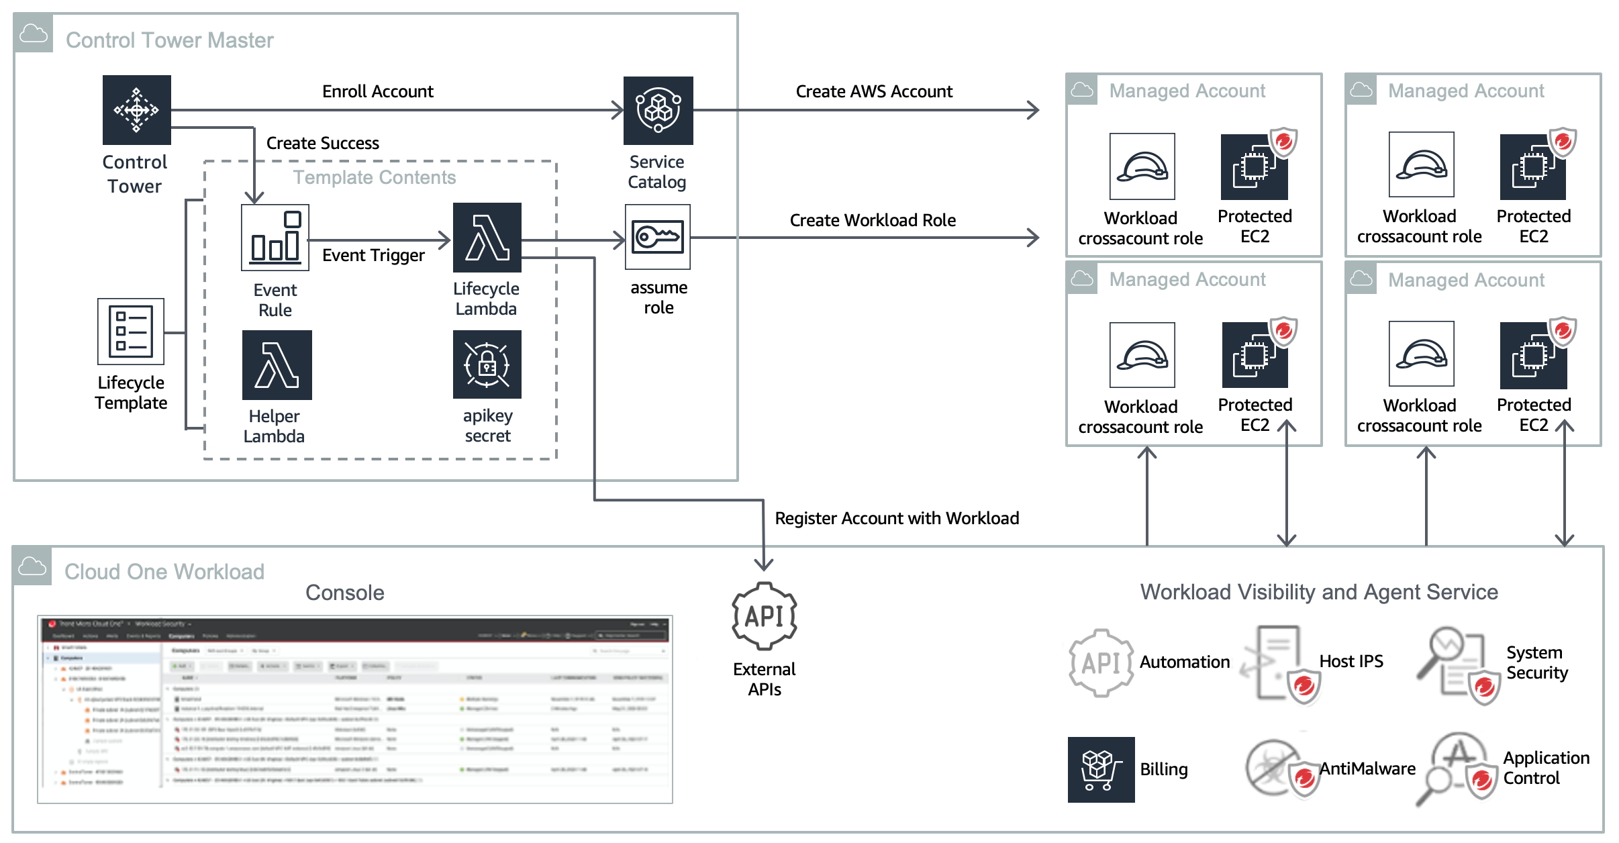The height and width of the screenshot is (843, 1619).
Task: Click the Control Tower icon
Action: pyautogui.click(x=137, y=110)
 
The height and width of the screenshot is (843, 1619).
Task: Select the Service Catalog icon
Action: pyautogui.click(x=658, y=110)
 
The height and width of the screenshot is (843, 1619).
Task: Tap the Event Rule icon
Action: pyautogui.click(x=275, y=238)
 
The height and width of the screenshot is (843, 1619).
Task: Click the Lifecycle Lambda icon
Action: pyautogui.click(x=487, y=238)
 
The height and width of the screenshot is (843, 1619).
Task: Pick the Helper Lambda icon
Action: pyautogui.click(x=277, y=365)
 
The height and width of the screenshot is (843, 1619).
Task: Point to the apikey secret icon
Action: pyautogui.click(x=487, y=365)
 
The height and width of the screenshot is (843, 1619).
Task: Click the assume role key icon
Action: pyautogui.click(x=658, y=238)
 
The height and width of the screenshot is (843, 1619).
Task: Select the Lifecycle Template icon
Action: pyautogui.click(x=131, y=332)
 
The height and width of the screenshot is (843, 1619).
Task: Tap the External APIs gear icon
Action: pyautogui.click(x=765, y=616)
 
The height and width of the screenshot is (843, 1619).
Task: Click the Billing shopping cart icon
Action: pyautogui.click(x=1101, y=769)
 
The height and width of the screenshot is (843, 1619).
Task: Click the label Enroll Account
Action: pyautogui.click(x=378, y=91)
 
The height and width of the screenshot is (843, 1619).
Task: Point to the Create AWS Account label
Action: pyautogui.click(x=874, y=91)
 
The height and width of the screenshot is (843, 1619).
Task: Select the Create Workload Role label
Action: pyautogui.click(x=873, y=220)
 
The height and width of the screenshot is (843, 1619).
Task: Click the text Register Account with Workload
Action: pyautogui.click(x=897, y=518)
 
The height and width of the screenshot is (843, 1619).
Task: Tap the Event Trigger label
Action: pyautogui.click(x=373, y=255)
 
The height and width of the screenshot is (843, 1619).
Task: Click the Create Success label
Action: pyautogui.click(x=323, y=143)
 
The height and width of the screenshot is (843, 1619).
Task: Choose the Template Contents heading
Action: pyautogui.click(x=375, y=177)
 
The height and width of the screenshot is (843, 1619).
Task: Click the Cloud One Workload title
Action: pyautogui.click(x=164, y=572)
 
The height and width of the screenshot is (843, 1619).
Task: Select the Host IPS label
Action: pyautogui.click(x=1351, y=661)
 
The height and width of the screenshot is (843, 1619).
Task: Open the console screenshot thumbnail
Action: pyautogui.click(x=355, y=709)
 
